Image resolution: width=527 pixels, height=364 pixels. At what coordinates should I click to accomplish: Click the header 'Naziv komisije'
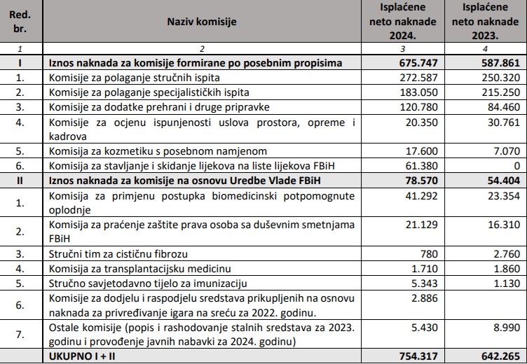click(201, 22)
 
